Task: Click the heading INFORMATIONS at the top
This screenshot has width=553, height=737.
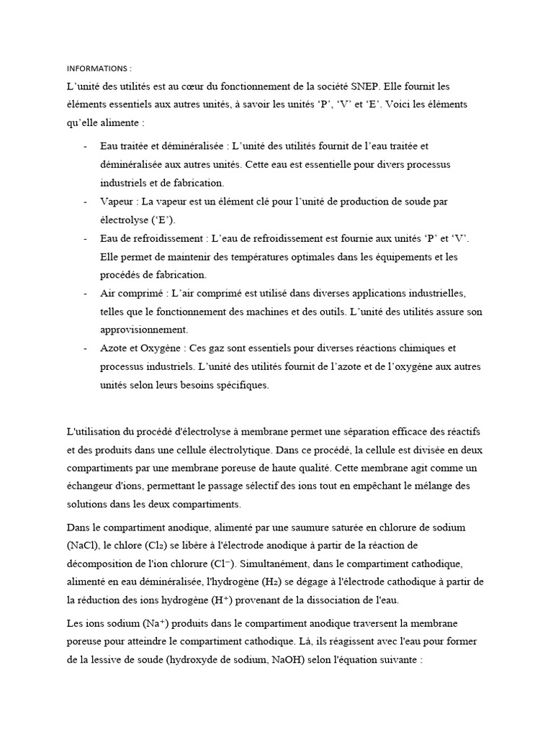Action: (99, 69)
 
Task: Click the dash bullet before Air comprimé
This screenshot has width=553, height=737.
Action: (86, 294)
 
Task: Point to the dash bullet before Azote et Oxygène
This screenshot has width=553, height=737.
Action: (86, 348)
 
